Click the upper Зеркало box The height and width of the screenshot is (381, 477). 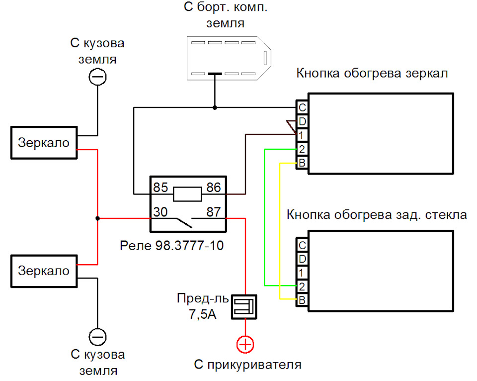(44, 143)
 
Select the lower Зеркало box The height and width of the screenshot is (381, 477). (44, 272)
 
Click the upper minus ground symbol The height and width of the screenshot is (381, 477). (97, 77)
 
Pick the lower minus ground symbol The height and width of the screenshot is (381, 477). (97, 336)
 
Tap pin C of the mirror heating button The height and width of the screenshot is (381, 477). (302, 107)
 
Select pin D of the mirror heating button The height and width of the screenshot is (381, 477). (302, 121)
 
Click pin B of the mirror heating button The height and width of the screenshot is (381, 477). (302, 163)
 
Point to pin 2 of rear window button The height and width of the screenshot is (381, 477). (302, 286)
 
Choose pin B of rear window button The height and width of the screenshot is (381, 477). (302, 300)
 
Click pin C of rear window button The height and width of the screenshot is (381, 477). (302, 245)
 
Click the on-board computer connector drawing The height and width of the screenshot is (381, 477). (229, 58)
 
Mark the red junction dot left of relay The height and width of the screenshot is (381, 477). (97, 218)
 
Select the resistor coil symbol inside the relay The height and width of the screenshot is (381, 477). (187, 193)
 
